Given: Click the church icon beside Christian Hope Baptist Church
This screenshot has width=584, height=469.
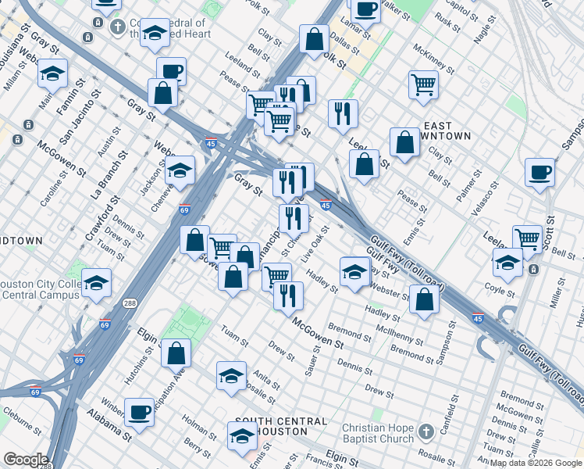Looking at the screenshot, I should pos(426,432).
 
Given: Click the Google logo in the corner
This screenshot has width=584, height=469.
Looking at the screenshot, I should pos(26,460).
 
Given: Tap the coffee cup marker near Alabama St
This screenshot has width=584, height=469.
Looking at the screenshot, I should pos(140,412).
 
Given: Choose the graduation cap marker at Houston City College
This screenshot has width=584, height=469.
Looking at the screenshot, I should pos(97,282).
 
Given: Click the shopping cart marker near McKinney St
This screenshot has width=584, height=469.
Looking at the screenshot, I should pos(423,84).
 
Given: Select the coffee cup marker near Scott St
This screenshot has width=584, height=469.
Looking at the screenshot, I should pos(539,172).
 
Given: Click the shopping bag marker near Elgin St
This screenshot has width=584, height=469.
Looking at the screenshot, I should pos(176,353).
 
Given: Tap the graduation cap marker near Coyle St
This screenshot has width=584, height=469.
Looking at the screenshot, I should pos(507,263).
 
